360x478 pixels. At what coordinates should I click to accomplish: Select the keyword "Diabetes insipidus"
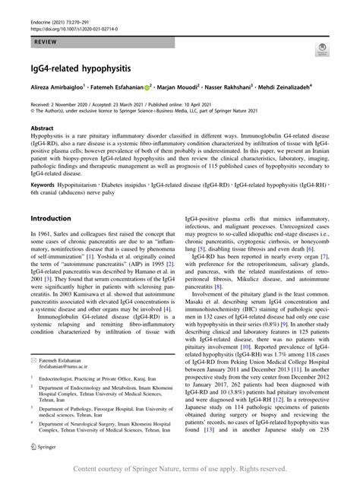click(x=124, y=184)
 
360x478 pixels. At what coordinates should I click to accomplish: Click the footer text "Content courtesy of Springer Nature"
click(x=179, y=470)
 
